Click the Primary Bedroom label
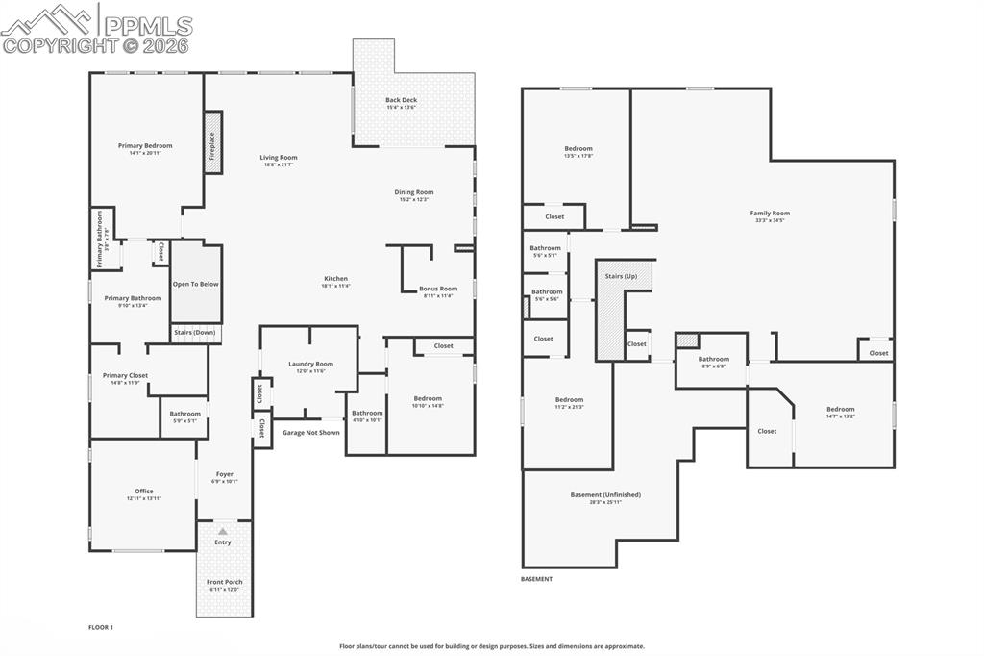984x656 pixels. click(145, 146)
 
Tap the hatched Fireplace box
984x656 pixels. click(212, 142)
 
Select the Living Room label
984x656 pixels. click(279, 158)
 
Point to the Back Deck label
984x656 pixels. click(402, 100)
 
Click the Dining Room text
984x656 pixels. click(414, 192)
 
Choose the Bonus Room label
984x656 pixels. click(438, 289)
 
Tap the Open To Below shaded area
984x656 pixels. click(196, 284)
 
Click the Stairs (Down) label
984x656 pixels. click(195, 333)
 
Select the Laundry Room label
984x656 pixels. click(310, 364)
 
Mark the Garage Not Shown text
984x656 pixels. click(310, 433)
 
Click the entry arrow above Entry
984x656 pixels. click(223, 531)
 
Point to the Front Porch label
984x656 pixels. click(225, 582)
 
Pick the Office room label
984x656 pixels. click(144, 492)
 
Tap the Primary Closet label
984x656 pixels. click(125, 376)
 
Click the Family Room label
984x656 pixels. click(770, 214)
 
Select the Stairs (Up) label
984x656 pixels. click(620, 276)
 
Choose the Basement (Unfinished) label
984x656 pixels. click(605, 495)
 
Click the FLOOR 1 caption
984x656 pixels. click(101, 627)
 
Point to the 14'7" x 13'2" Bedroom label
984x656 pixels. click(840, 410)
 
